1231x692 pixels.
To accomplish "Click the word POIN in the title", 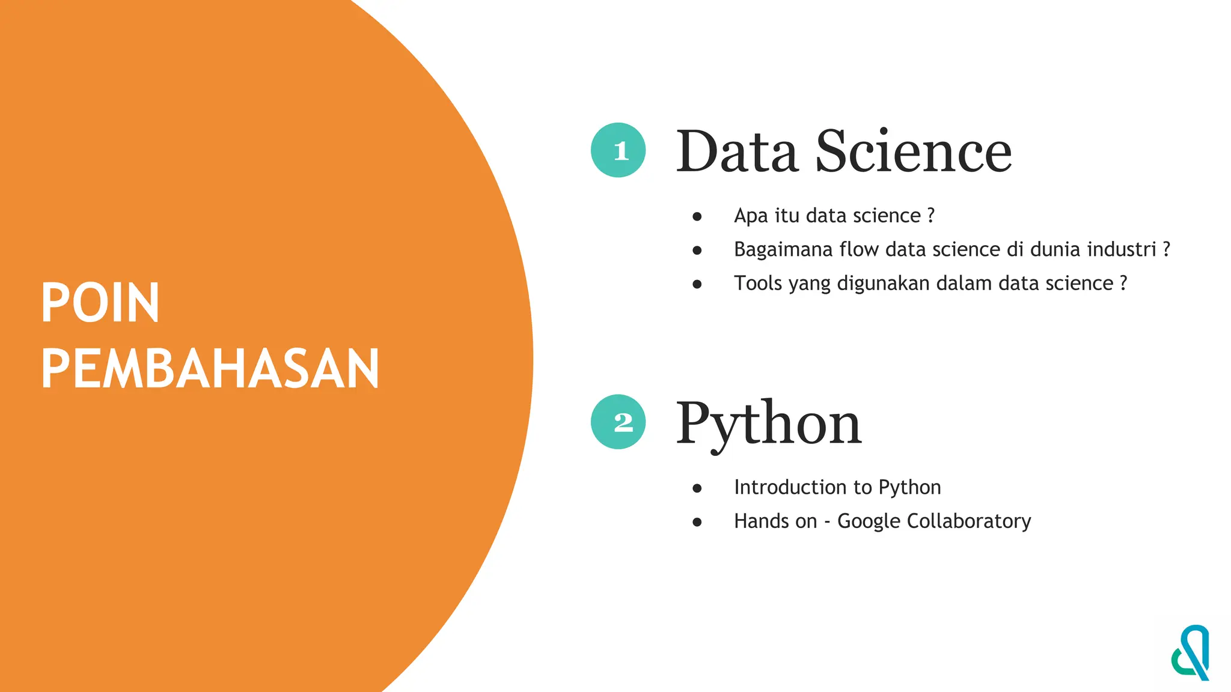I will point(100,303).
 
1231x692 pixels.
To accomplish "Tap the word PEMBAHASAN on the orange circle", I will point(210,369).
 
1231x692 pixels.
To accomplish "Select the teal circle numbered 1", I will point(618,150).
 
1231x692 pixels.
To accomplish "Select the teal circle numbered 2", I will point(618,422).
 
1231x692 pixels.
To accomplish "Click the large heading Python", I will point(769,424).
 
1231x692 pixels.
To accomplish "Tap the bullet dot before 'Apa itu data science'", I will point(697,216).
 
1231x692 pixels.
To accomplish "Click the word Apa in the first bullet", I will point(751,216).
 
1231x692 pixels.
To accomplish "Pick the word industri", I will point(1122,249).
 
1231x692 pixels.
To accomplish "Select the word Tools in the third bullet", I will point(758,283).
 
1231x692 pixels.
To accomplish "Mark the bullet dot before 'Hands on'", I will point(697,522).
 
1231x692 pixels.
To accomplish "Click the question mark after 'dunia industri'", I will point(1167,249).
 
